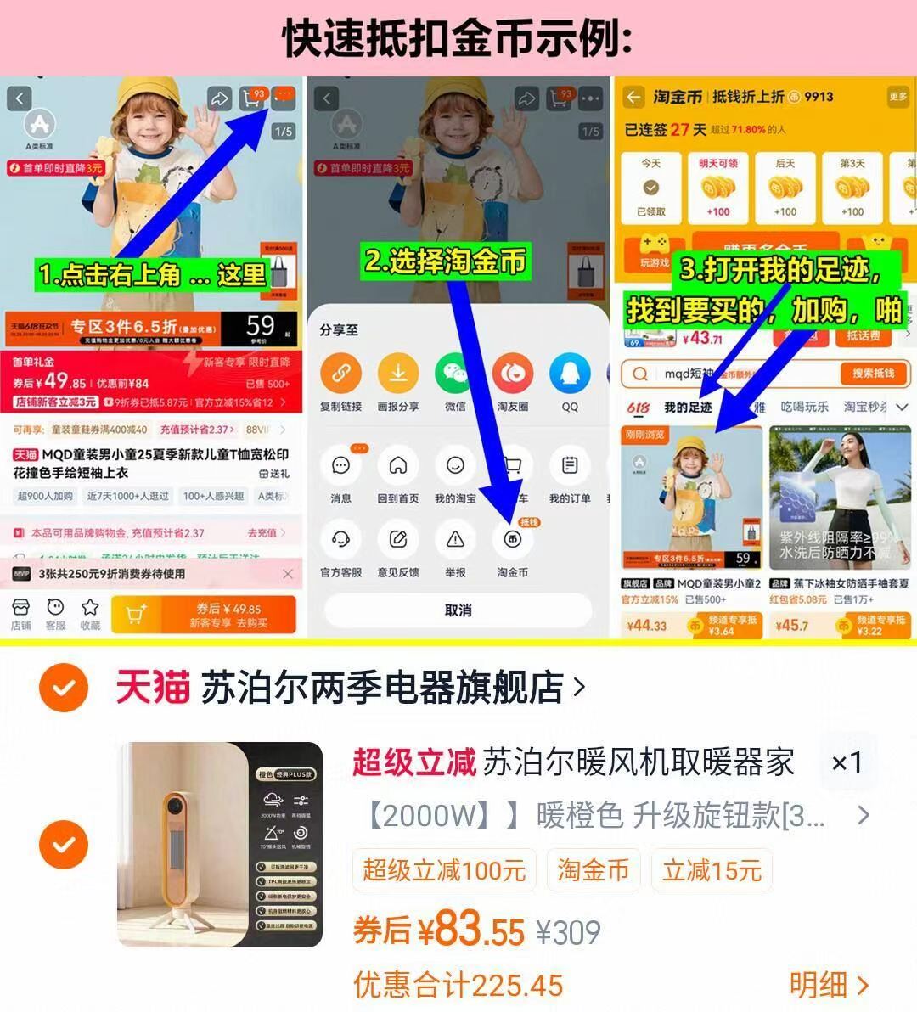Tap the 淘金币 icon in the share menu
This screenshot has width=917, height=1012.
tap(512, 539)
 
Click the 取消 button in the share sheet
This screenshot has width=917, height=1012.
tap(458, 610)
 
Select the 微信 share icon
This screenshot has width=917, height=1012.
tap(455, 374)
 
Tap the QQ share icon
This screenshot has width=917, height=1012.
tap(570, 374)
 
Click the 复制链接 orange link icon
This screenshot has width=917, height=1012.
tap(340, 374)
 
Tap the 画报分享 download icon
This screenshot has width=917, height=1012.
tap(398, 374)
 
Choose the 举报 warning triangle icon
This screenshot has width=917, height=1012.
tap(455, 539)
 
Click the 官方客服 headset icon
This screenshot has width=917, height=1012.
tap(340, 539)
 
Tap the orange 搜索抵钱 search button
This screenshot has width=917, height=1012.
tap(874, 374)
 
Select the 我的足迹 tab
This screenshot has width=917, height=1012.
tap(688, 408)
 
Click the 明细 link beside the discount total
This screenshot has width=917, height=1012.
tap(828, 985)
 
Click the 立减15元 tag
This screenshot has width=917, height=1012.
tap(712, 870)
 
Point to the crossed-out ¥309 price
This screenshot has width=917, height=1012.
tap(568, 933)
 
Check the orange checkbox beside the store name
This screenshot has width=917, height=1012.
tap(64, 688)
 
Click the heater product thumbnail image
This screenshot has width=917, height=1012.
tap(220, 845)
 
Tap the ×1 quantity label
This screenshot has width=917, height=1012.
tap(846, 762)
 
